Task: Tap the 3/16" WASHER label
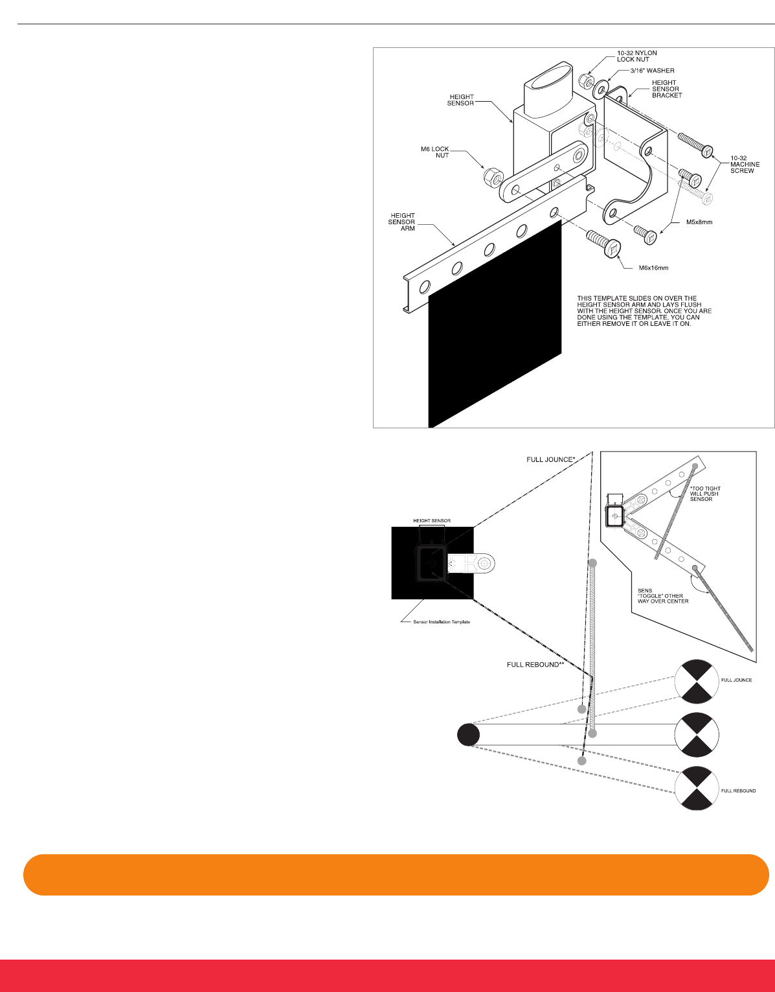(652, 71)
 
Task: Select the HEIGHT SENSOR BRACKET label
(666, 89)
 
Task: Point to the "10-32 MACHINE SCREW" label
(745, 164)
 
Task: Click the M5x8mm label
(699, 222)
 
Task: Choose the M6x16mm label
(653, 268)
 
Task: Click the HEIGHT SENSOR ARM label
(402, 222)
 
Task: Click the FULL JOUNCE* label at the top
(550, 459)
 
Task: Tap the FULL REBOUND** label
(535, 665)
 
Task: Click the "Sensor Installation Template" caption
(441, 622)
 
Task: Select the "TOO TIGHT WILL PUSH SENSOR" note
(705, 494)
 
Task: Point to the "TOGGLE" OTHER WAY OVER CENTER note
(663, 595)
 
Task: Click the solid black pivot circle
(468, 735)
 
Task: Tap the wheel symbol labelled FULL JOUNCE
(697, 681)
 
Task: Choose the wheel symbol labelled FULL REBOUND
(697, 789)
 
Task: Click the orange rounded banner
(396, 875)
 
